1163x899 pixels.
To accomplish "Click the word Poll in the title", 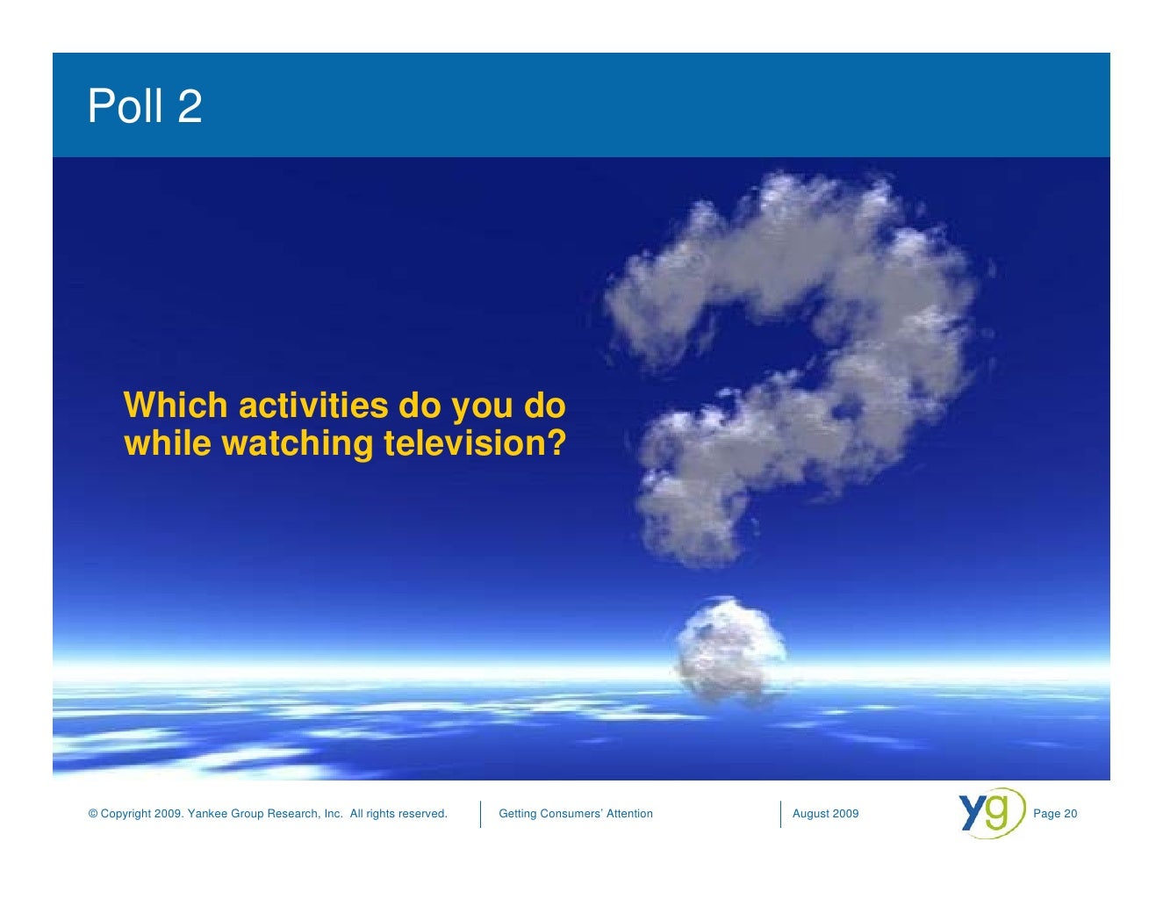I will click(126, 106).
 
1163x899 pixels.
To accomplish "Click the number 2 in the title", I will click(190, 106).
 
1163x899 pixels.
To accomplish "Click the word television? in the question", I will click(474, 443).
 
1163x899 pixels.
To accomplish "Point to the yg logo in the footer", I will click(991, 813).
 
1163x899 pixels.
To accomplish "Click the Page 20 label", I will click(1055, 814).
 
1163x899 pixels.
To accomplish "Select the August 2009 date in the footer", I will click(825, 814).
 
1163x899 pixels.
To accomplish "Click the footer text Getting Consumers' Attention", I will click(575, 814).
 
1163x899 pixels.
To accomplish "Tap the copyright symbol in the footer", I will click(93, 814).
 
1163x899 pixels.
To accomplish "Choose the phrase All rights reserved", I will click(398, 814).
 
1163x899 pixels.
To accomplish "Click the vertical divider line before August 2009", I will click(780, 814).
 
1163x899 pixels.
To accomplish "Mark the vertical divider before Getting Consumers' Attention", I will click(481, 814).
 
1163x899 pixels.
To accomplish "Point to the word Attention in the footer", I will click(629, 814).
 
